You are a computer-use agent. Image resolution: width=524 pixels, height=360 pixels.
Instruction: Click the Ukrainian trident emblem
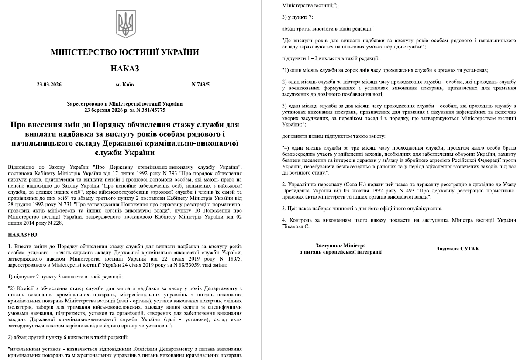(125, 25)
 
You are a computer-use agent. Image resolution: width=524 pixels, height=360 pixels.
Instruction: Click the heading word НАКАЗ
(125, 69)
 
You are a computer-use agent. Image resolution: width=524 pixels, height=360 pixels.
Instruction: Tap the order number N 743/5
(200, 84)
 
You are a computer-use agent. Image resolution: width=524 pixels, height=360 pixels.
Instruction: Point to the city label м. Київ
(125, 84)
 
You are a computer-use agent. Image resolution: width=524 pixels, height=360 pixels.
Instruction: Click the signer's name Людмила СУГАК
(457, 248)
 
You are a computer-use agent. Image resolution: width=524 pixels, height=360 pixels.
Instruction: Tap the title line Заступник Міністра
(341, 246)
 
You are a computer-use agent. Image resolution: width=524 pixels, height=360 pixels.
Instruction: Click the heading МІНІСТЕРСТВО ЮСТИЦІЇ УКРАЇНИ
(125, 52)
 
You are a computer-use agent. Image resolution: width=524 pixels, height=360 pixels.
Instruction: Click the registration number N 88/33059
(178, 264)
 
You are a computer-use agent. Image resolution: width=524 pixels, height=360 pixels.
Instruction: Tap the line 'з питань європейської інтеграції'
(341, 252)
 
